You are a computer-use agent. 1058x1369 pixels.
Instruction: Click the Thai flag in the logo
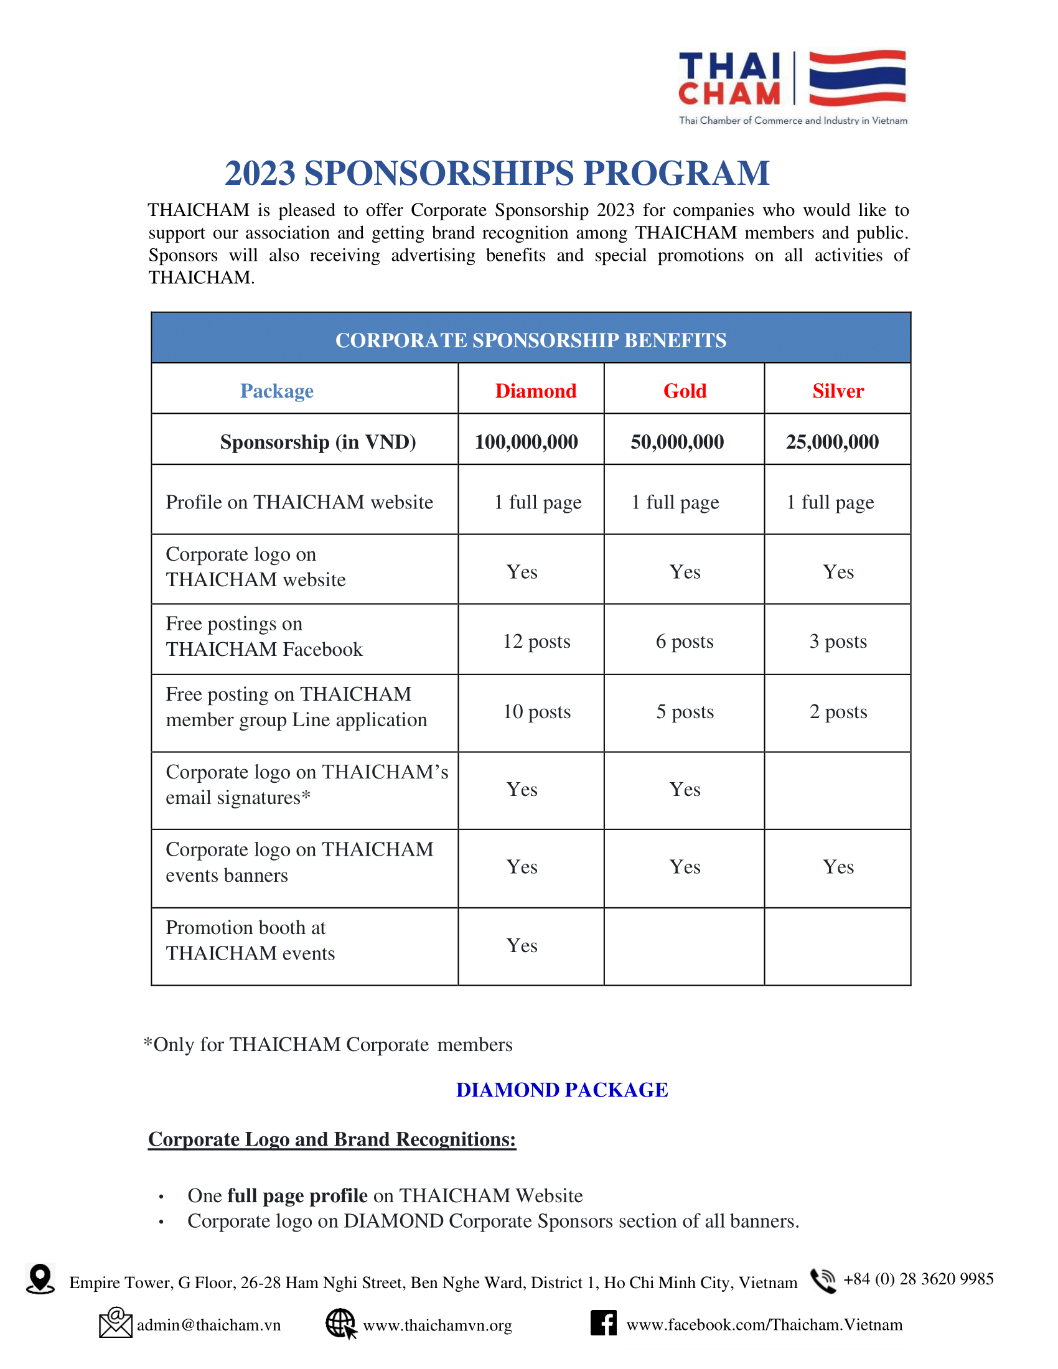(x=857, y=78)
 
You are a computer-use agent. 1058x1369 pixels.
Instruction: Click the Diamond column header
(x=535, y=391)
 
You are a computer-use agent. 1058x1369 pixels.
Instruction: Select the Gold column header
(x=685, y=391)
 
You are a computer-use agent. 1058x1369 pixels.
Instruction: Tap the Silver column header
(x=837, y=391)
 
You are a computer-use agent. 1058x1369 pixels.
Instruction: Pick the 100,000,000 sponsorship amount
(x=526, y=442)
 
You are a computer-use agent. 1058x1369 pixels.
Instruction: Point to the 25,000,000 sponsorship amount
(x=831, y=442)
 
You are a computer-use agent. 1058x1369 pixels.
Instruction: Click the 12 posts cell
(x=536, y=641)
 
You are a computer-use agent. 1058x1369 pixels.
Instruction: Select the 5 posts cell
(x=685, y=711)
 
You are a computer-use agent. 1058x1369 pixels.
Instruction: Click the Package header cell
(x=276, y=391)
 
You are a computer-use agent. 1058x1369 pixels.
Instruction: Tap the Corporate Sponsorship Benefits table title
(x=530, y=340)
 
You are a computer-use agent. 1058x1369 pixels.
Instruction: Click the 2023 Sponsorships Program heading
(x=497, y=173)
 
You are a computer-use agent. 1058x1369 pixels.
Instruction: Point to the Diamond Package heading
(x=561, y=1090)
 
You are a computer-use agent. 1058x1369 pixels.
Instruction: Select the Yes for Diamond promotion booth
(x=522, y=945)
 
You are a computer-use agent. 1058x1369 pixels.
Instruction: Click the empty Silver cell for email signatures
(x=837, y=790)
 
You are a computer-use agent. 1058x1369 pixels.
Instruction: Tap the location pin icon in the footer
(x=40, y=1279)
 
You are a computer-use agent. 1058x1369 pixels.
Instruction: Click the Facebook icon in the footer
(x=603, y=1322)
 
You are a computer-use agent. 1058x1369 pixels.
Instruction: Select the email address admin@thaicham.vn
(x=208, y=1325)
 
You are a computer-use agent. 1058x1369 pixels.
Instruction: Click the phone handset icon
(x=822, y=1280)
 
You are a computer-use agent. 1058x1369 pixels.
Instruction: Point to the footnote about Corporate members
(x=328, y=1044)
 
